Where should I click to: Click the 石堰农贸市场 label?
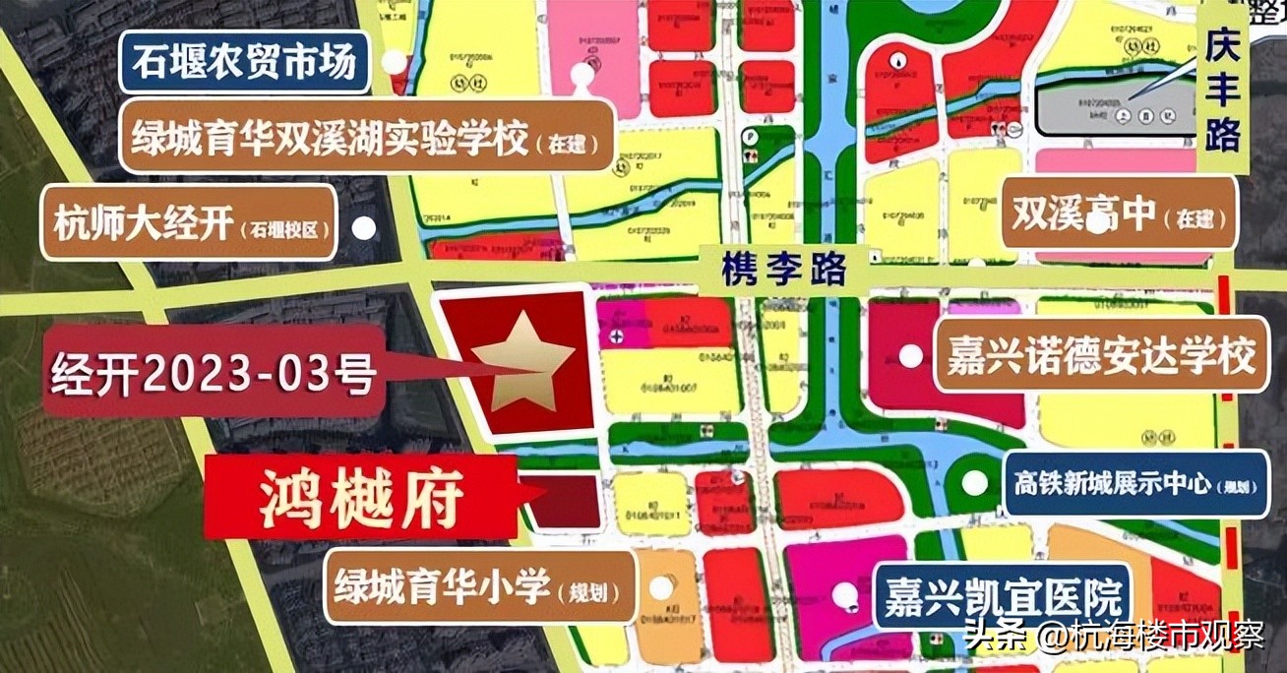[245, 64]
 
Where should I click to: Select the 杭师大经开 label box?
[189, 225]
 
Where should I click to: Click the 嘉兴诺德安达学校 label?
[1099, 355]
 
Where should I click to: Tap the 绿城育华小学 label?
[478, 586]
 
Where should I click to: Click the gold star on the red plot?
[521, 360]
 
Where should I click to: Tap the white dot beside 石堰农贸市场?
[395, 63]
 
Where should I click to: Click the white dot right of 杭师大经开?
[364, 228]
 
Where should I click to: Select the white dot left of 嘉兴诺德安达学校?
[911, 355]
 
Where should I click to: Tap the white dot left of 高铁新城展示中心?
[974, 483]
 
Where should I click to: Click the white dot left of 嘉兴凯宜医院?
[844, 593]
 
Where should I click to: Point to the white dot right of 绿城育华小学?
[661, 587]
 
